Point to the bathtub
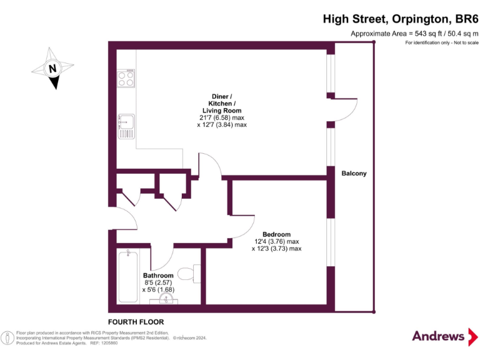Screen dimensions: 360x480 pyautogui.click(x=128, y=275)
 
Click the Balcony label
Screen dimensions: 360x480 pyautogui.click(x=354, y=173)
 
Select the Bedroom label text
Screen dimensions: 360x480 pyautogui.click(x=276, y=234)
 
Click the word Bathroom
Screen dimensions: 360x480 pyautogui.click(x=158, y=276)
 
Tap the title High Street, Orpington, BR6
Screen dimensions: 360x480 pyautogui.click(x=400, y=19)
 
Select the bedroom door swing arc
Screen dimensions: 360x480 pyautogui.click(x=245, y=226)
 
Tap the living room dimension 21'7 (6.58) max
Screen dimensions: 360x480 pyautogui.click(x=221, y=117)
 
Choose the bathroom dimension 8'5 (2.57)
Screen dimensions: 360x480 pyautogui.click(x=158, y=282)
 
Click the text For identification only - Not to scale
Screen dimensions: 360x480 pyautogui.click(x=441, y=42)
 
